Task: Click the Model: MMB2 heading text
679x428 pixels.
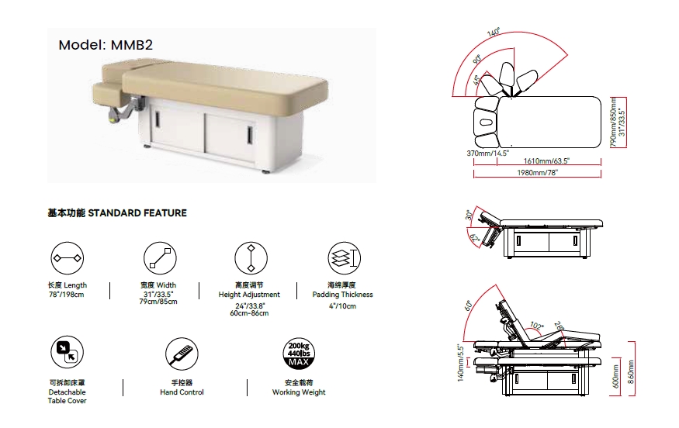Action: [106, 45]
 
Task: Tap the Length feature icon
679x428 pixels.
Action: [67, 258]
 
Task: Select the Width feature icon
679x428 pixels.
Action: [160, 258]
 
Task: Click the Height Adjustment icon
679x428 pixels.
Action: [251, 258]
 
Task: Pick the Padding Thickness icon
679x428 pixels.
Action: [345, 258]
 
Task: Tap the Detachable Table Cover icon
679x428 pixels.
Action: [67, 352]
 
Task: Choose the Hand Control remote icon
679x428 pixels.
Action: [182, 354]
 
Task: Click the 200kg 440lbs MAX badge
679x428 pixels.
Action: [299, 354]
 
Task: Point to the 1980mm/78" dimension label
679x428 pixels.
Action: [538, 173]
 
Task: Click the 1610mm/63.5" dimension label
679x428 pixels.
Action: [546, 161]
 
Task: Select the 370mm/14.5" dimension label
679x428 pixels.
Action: [487, 154]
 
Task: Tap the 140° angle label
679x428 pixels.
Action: [494, 33]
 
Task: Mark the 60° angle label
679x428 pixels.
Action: [468, 305]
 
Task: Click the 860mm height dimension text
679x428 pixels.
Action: [631, 371]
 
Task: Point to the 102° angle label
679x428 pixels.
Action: [536, 326]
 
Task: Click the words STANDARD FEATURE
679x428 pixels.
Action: [137, 213]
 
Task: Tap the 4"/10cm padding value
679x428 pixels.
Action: [342, 306]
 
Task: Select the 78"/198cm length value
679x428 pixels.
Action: [66, 295]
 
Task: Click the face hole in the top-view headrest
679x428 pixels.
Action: [486, 123]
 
